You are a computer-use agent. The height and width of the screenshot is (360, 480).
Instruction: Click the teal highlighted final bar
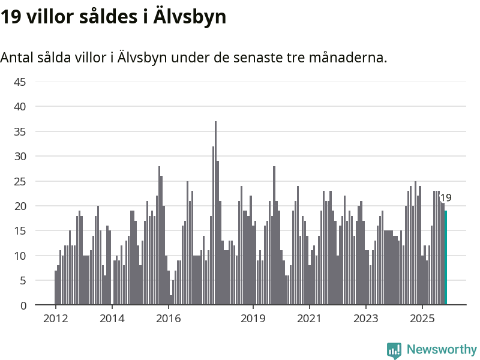click(x=446, y=258)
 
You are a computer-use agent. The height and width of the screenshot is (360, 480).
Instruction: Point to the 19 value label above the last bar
click(x=446, y=198)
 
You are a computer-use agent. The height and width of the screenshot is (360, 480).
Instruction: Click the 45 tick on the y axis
click(x=20, y=82)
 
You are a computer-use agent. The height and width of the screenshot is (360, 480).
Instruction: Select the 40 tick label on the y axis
click(x=20, y=106)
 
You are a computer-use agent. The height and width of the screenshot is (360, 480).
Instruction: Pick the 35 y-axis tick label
click(x=20, y=131)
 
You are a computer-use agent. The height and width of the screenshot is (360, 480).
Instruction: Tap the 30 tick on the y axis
click(x=20, y=156)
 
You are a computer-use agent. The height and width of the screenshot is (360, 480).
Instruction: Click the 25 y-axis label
click(x=20, y=181)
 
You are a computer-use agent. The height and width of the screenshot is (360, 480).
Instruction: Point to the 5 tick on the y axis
click(x=23, y=280)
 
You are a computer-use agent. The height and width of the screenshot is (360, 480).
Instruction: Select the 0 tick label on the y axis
click(x=23, y=305)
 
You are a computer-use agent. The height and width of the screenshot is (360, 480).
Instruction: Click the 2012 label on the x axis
click(x=55, y=318)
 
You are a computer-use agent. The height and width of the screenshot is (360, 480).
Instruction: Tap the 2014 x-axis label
click(x=112, y=318)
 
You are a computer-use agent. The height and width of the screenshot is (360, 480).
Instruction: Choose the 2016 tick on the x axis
click(x=168, y=318)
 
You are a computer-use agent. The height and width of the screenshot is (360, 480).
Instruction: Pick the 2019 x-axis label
click(x=253, y=318)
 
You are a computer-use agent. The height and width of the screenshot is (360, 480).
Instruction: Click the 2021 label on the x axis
click(x=309, y=318)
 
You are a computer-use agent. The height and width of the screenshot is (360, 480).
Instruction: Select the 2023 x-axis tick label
click(x=365, y=318)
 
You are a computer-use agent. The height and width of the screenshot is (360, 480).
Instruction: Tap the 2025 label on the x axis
click(x=422, y=318)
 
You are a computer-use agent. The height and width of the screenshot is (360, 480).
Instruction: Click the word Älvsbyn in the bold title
click(x=190, y=17)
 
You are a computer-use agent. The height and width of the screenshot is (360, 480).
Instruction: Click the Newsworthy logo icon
click(x=394, y=350)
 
